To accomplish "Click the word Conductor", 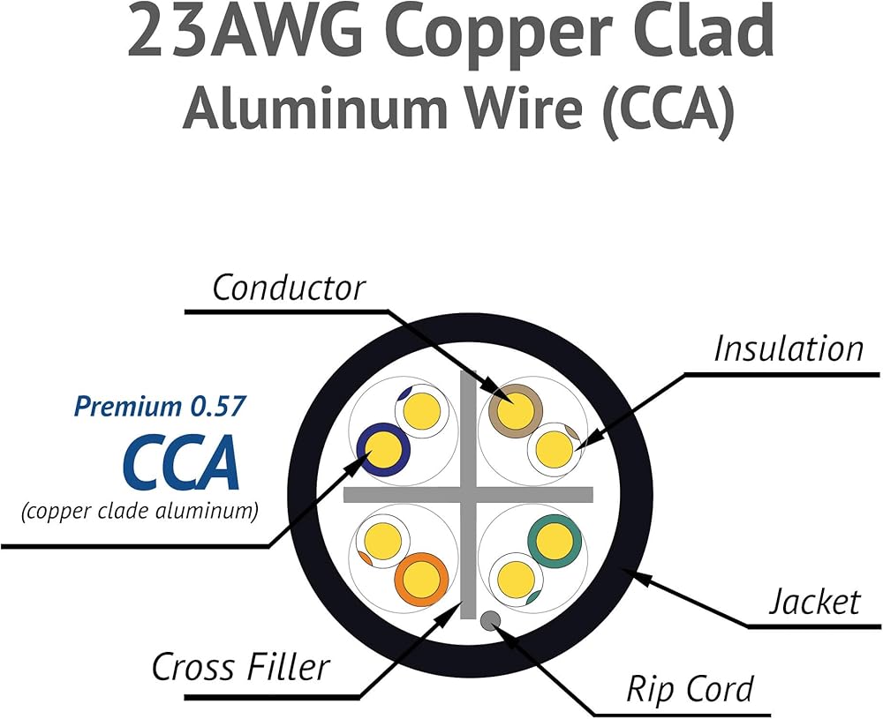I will pyautogui.click(x=288, y=288).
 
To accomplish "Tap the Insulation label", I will pyautogui.click(x=788, y=348).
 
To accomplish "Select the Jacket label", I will pyautogui.click(x=813, y=602).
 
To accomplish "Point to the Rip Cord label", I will pyautogui.click(x=690, y=689).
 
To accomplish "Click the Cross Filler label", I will pyautogui.click(x=240, y=667).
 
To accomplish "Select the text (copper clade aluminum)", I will pyautogui.click(x=140, y=511).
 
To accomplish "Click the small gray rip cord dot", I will pyautogui.click(x=491, y=621).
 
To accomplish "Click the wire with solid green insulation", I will pyautogui.click(x=555, y=540).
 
